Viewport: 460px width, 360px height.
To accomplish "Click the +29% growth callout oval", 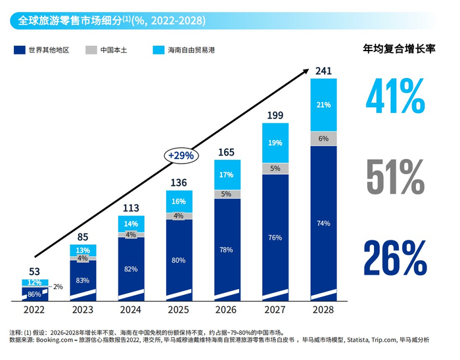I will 180,156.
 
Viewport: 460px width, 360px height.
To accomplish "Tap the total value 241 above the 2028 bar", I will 323,70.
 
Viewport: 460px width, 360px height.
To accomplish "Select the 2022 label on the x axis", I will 34,311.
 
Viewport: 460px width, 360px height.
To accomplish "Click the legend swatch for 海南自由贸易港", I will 158,50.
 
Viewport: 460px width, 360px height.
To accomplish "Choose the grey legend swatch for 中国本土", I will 91,50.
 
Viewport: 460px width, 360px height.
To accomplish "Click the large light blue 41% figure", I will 394,97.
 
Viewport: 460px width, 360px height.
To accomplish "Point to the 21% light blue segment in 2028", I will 323,105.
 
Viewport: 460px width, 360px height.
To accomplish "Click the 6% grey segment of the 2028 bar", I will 323,139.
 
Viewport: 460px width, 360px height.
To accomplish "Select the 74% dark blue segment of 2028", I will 323,223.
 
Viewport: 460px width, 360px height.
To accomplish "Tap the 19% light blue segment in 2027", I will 275,143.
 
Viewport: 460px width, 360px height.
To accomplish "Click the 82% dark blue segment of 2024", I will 131,269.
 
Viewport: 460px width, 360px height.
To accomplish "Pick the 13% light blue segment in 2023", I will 83,250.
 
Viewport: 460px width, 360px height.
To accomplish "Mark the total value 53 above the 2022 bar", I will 34,271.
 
